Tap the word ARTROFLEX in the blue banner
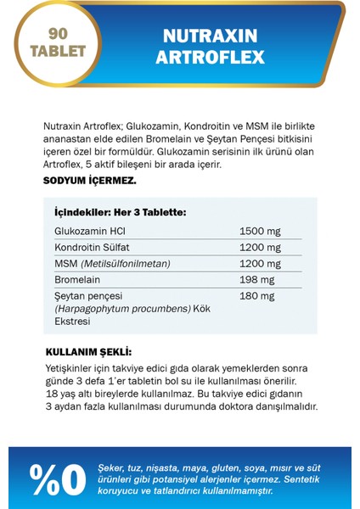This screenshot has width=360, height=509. (x=215, y=58)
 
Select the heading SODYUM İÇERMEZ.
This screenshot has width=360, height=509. (x=89, y=181)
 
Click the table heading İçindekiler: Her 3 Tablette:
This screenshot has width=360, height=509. (x=120, y=212)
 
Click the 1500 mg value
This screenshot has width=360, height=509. (x=260, y=231)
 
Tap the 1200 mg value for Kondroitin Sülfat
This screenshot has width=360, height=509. (x=260, y=247)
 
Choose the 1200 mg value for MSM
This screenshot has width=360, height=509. (x=260, y=264)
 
